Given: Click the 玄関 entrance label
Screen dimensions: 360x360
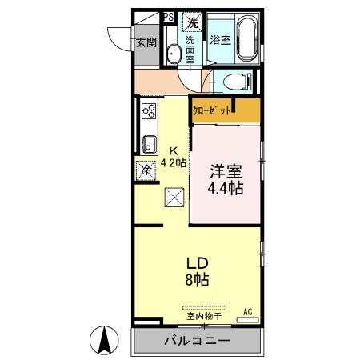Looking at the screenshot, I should click(x=145, y=43).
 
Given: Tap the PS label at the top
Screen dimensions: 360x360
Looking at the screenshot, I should click(x=168, y=16).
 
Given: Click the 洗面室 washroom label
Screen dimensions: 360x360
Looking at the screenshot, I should click(x=191, y=50).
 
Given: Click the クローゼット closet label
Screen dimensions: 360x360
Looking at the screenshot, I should click(x=214, y=109).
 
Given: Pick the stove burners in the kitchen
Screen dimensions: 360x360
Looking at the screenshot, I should click(x=149, y=111).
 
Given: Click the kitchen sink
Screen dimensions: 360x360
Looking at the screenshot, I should click(x=149, y=145).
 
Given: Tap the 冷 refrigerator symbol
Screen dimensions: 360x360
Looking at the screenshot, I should click(x=146, y=170).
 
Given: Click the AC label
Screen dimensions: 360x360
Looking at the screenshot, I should click(x=247, y=310).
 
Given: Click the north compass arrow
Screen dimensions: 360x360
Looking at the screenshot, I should click(x=104, y=341).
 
